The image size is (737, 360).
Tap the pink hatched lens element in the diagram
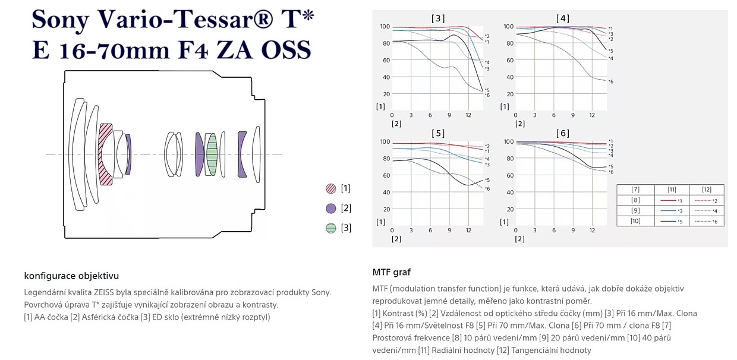(106, 154)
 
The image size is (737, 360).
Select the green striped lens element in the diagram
(212, 154)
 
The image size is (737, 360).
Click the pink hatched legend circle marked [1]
(331, 189)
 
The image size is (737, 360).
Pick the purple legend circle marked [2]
(331, 209)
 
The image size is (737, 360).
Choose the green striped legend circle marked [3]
(331, 228)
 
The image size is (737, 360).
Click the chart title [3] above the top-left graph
(437, 18)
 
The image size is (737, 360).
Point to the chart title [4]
(562, 18)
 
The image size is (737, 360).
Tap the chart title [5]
(437, 133)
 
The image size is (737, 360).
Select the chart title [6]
(562, 133)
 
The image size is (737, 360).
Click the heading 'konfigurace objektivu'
(71, 276)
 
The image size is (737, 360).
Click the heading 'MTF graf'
(391, 272)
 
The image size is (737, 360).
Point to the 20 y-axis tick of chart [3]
(386, 94)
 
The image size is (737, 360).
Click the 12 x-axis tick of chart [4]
(592, 115)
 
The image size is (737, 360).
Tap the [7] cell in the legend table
(635, 190)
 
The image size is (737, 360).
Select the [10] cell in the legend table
(635, 221)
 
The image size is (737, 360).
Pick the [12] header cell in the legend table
(706, 190)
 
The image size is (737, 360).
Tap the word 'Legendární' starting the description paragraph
(46, 292)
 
